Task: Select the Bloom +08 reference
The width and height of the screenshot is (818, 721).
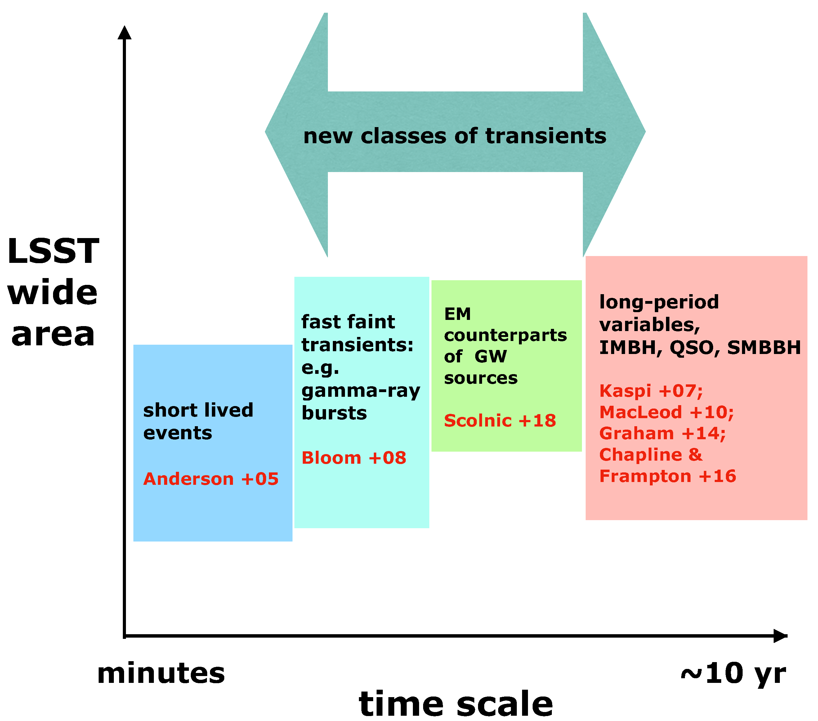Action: tap(354, 458)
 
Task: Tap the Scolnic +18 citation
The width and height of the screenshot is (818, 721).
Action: tap(500, 420)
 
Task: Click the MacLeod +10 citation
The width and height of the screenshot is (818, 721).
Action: tap(666, 412)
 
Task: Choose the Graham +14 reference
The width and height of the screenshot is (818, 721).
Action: tap(662, 433)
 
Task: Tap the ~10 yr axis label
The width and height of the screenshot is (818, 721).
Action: tap(733, 674)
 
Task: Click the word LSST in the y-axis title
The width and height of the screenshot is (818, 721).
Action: tap(53, 251)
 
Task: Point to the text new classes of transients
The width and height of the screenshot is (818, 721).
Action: tap(455, 136)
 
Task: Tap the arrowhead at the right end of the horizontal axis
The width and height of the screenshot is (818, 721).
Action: tap(780, 636)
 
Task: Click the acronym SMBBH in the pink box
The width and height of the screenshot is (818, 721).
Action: tap(764, 347)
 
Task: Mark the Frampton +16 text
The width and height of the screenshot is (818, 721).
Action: tap(668, 476)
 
